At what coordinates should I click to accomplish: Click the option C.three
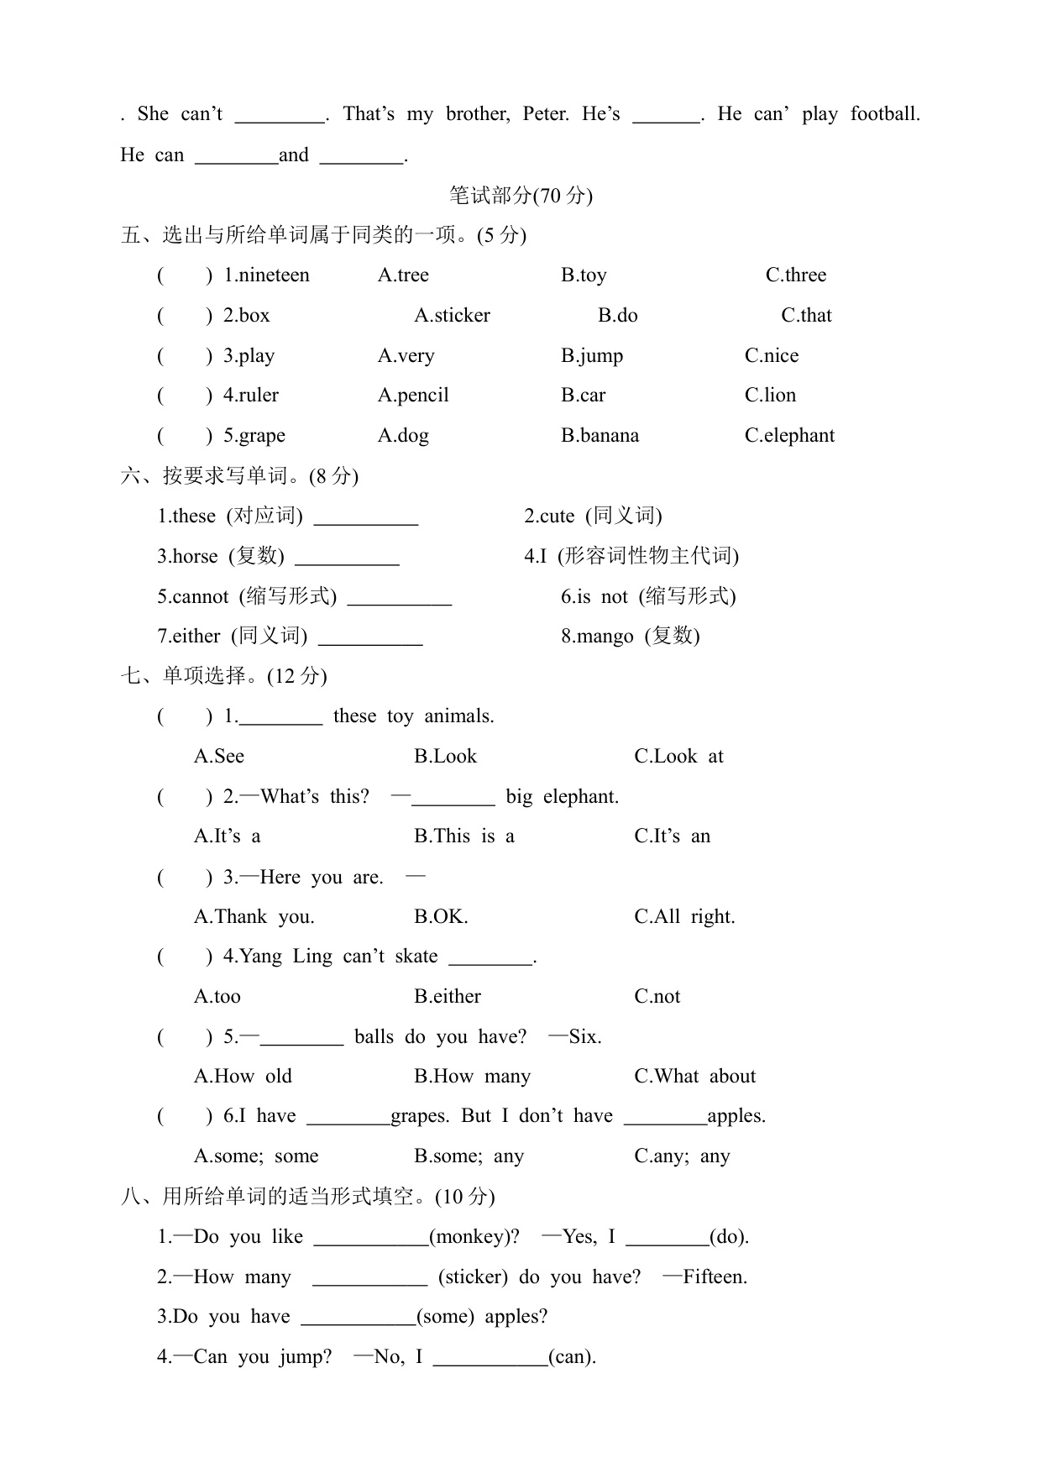tap(795, 275)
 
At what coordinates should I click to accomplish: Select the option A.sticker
tap(452, 315)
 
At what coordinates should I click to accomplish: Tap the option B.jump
tap(592, 355)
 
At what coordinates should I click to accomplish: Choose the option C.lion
tap(770, 395)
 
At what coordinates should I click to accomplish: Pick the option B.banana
tap(600, 435)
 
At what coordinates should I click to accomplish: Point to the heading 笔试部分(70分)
tap(521, 196)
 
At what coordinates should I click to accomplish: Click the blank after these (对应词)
tap(365, 517)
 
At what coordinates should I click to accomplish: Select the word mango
tap(605, 636)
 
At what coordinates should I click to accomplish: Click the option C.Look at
tap(678, 756)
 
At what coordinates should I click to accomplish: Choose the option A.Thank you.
tap(254, 916)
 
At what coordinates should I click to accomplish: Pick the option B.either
tap(447, 996)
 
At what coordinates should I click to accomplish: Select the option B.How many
tap(472, 1076)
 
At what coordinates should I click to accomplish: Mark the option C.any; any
tap(682, 1156)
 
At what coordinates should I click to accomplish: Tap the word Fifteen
tap(715, 1276)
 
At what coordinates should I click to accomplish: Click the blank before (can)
tap(490, 1357)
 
